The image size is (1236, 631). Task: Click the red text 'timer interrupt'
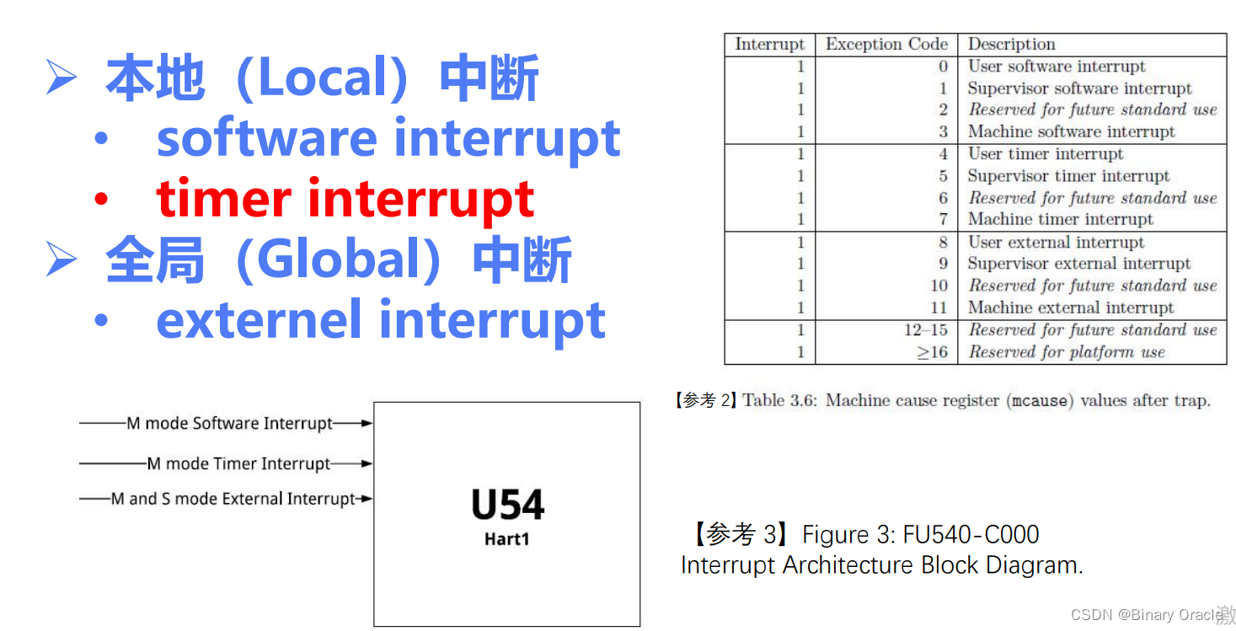click(345, 200)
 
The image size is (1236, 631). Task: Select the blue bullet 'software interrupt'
click(388, 139)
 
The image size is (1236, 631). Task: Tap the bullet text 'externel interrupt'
click(381, 320)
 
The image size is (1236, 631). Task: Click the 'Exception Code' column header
click(886, 45)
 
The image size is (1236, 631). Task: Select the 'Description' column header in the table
click(1011, 45)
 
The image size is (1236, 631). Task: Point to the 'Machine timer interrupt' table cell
click(1060, 220)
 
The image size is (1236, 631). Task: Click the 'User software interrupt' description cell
click(1057, 67)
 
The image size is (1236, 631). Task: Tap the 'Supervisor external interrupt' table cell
click(1078, 264)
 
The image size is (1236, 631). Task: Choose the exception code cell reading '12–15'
click(925, 330)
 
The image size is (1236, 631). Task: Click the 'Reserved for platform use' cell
click(1066, 352)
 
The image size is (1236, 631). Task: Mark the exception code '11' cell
click(939, 307)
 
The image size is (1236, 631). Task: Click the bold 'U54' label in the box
click(507, 505)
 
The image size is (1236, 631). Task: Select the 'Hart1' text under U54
click(507, 539)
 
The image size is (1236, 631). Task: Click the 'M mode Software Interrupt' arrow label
click(229, 424)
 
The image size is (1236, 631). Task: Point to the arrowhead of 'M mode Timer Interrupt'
click(367, 463)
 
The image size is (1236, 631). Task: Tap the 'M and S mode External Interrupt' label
click(233, 499)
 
